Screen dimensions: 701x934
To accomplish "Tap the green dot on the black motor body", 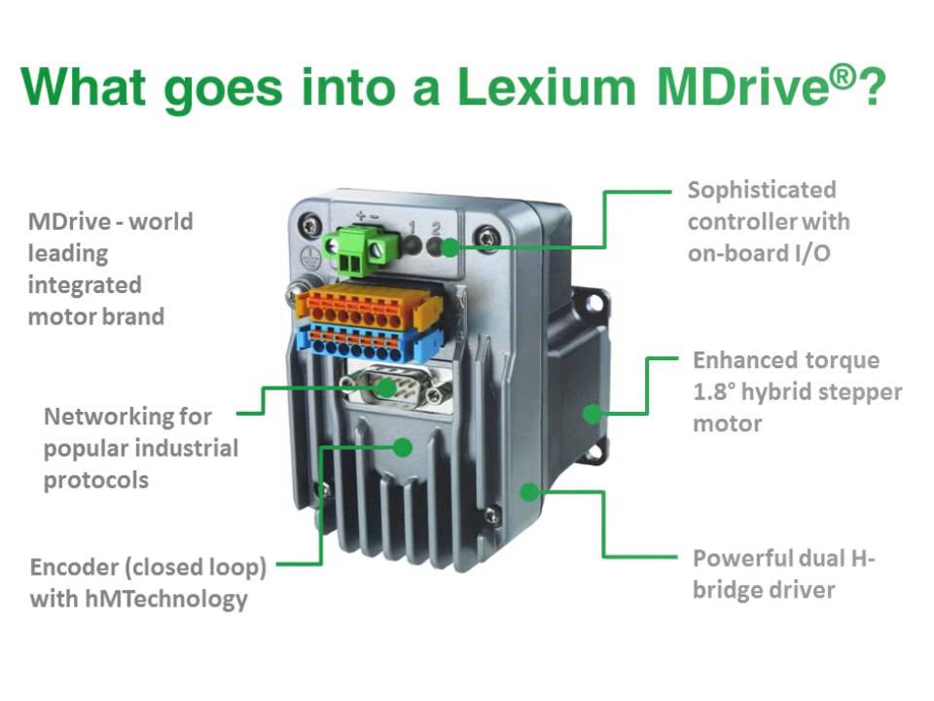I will click(591, 413).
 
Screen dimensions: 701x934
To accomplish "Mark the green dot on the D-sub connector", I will click(387, 388).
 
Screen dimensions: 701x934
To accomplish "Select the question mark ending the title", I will click(873, 88).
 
